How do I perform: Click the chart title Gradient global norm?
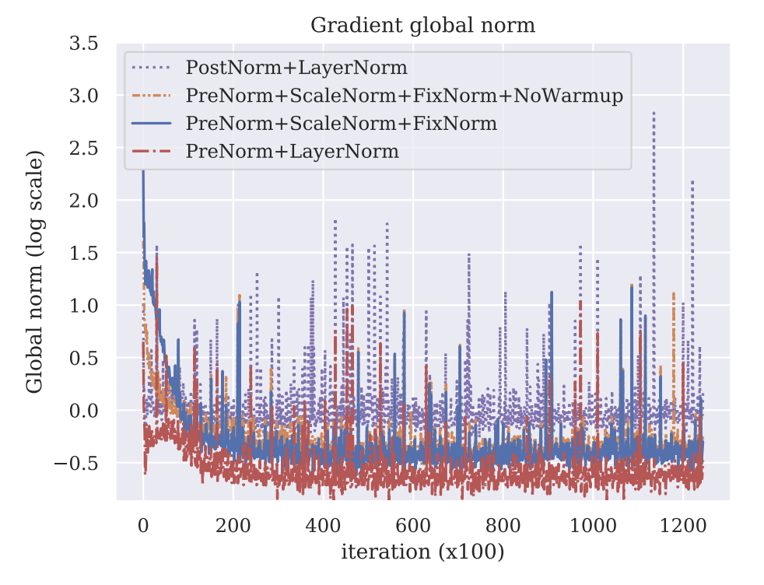coord(422,26)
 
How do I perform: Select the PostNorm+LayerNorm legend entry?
coord(296,68)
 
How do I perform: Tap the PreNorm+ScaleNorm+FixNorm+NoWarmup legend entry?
coord(404,96)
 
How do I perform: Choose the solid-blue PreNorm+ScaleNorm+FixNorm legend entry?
coord(341,123)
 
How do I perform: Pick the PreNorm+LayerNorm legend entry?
coord(292,151)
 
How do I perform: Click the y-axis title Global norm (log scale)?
coord(35,272)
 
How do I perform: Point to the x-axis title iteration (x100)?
coord(422,553)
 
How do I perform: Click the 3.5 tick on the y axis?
coord(83,44)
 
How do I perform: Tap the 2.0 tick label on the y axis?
coord(83,201)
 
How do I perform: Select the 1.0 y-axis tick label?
coord(83,306)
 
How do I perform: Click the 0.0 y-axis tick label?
coord(83,411)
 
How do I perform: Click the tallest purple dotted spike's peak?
coord(654,112)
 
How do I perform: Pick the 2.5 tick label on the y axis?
coord(83,149)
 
